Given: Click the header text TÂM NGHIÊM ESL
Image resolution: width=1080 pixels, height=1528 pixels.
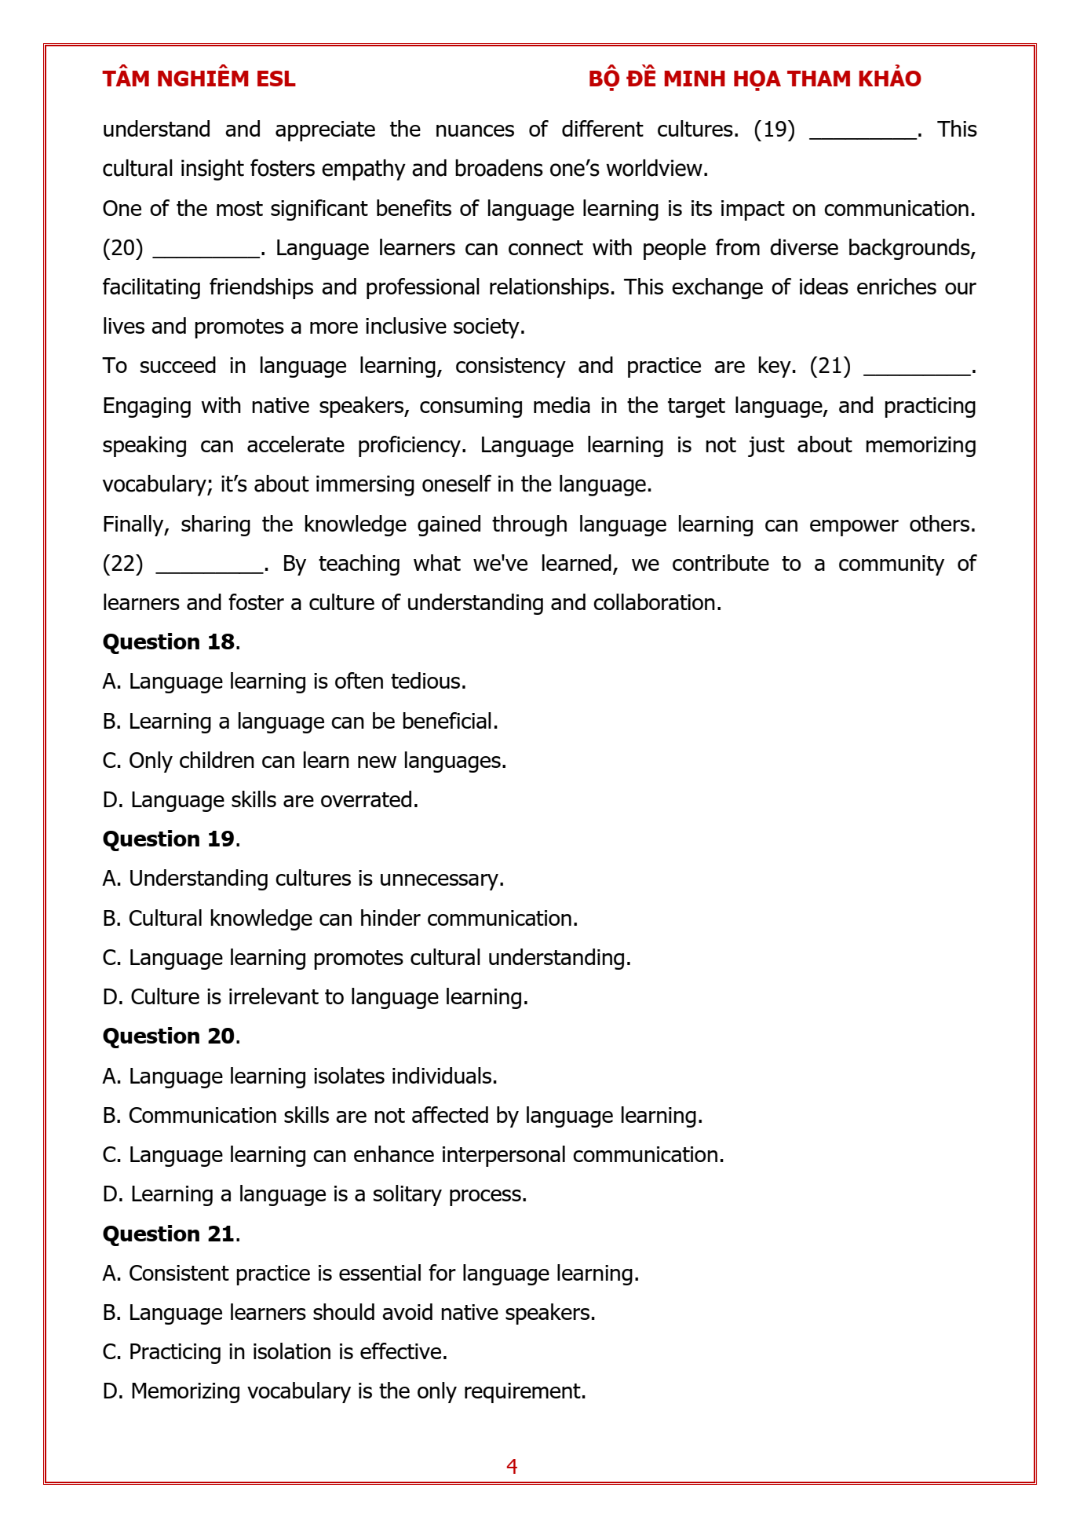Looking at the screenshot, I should [199, 79].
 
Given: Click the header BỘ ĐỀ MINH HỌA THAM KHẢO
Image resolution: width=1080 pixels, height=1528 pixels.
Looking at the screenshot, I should [754, 79].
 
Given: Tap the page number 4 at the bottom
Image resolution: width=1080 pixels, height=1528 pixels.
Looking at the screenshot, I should [512, 1466].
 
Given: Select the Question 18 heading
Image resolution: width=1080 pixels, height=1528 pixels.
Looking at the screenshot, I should [169, 642].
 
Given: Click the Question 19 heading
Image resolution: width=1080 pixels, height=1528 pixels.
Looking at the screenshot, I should [169, 839].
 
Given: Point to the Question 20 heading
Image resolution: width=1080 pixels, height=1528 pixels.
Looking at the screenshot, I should [169, 1036].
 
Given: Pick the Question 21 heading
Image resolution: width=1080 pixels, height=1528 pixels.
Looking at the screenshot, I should [169, 1234].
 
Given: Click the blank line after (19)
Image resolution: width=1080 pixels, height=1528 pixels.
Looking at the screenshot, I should [863, 133].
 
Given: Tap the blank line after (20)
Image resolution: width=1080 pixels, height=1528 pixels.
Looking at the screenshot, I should [206, 252].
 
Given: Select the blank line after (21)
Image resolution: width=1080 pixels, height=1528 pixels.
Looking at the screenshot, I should [917, 370].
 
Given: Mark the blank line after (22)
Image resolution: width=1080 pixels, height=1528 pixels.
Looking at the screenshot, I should [210, 568].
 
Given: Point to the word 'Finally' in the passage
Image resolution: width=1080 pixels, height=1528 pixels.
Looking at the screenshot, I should [136, 524].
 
